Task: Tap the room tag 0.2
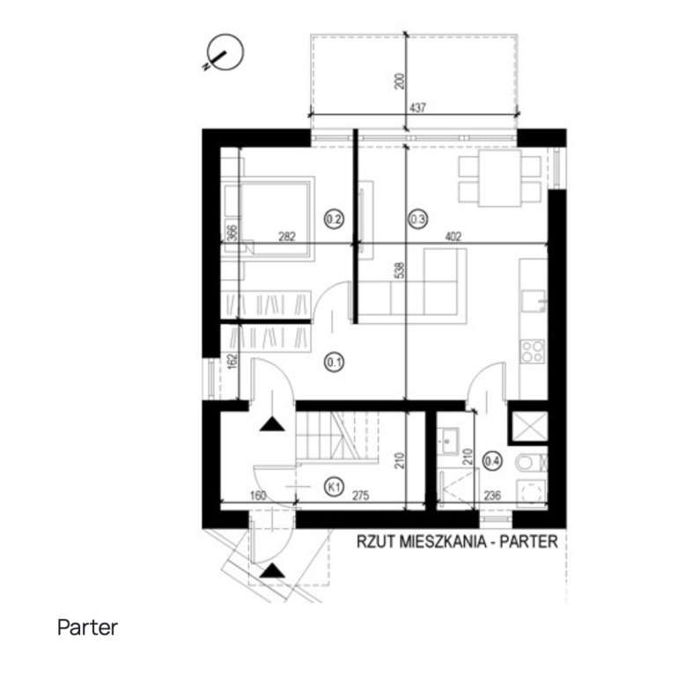[334, 217]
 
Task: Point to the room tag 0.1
[334, 359]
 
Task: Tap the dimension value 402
[453, 236]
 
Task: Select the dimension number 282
[286, 236]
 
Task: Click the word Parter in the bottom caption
[87, 628]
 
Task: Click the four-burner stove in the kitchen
[532, 351]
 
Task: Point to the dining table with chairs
[499, 179]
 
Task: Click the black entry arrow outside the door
[272, 570]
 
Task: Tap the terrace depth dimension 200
[399, 82]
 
